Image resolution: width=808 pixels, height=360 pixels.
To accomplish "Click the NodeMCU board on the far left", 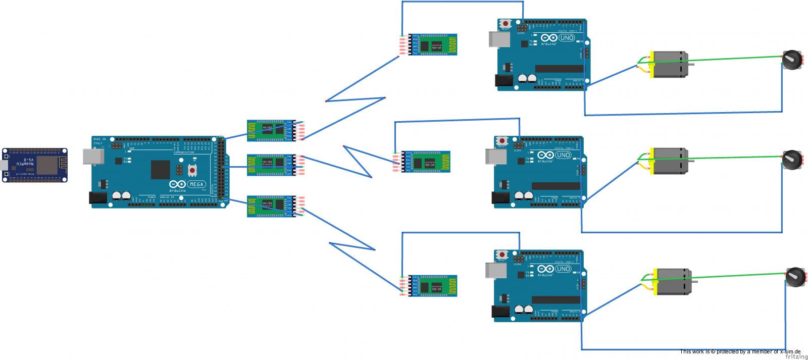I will pyautogui.click(x=35, y=165).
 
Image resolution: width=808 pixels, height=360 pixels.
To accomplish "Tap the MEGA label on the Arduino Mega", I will pyautogui.click(x=196, y=184).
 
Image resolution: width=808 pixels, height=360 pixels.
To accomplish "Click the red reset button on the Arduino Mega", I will pyautogui.click(x=192, y=170).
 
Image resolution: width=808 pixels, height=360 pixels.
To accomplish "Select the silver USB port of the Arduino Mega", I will pyautogui.click(x=93, y=157).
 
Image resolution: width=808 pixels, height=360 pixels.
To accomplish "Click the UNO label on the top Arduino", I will pyautogui.click(x=567, y=38).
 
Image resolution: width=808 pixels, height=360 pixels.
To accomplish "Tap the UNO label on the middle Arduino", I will pyautogui.click(x=563, y=155).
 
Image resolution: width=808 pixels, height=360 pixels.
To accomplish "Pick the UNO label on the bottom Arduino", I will pyautogui.click(x=563, y=269).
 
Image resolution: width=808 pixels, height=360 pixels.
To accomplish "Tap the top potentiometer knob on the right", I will pyautogui.click(x=791, y=60).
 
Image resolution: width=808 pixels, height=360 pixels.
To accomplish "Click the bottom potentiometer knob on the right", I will pyautogui.click(x=795, y=276).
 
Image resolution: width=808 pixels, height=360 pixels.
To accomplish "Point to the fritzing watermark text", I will pyautogui.click(x=796, y=356).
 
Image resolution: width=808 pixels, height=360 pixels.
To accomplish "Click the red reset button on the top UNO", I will pyautogui.click(x=505, y=24).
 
